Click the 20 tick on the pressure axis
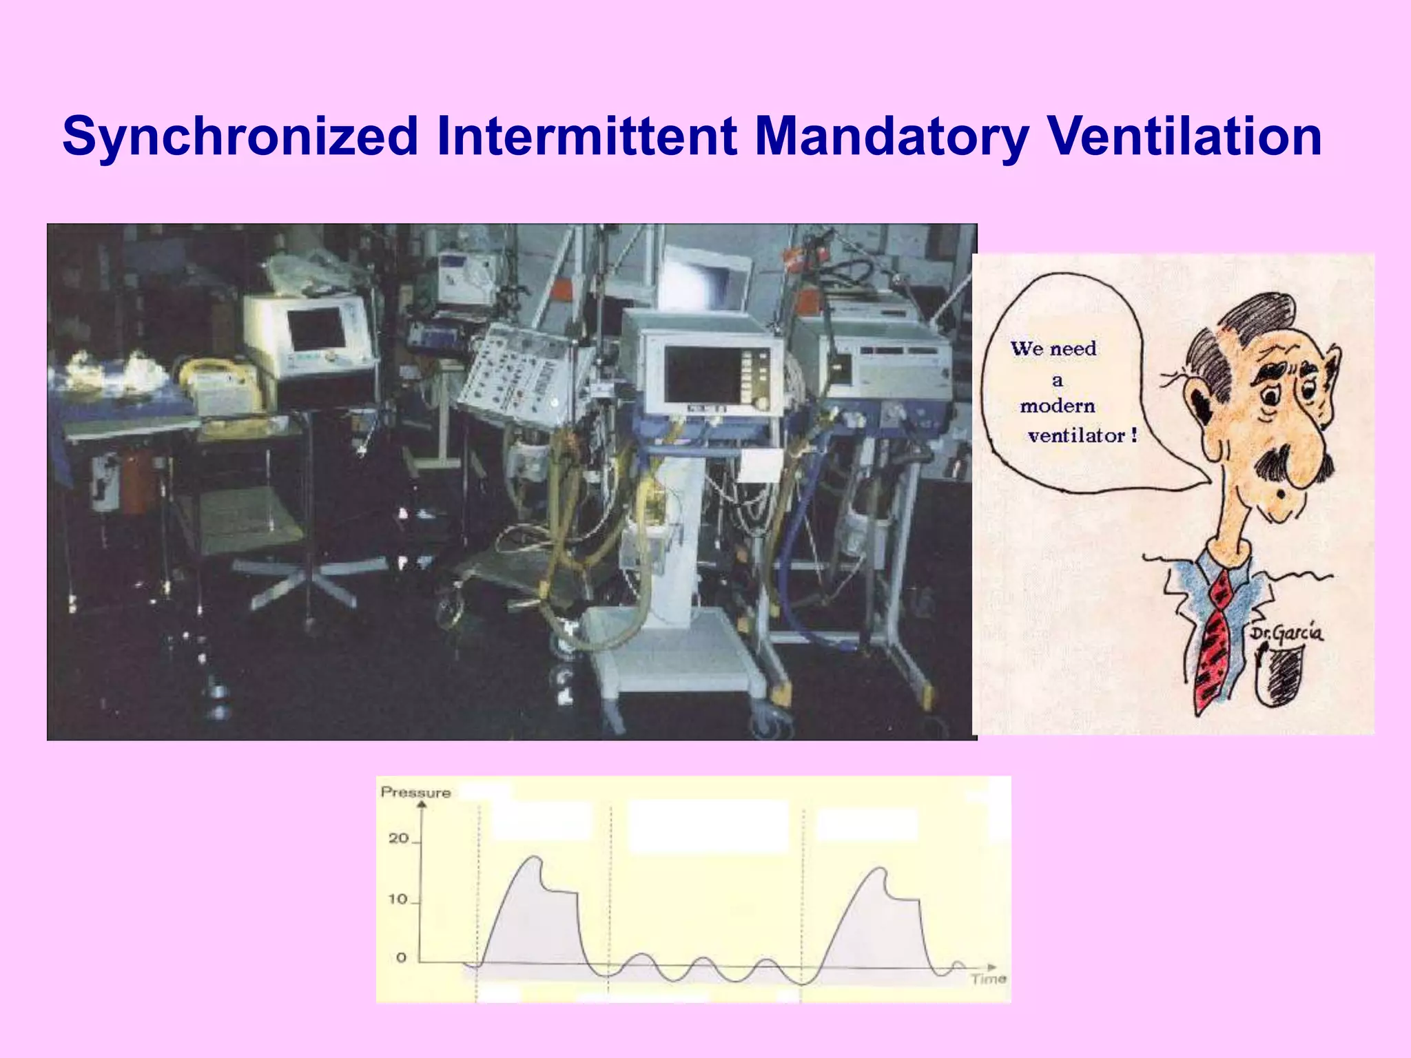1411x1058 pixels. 399,839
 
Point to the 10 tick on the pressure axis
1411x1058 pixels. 398,900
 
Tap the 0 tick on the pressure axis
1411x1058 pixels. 401,958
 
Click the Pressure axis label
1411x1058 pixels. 415,793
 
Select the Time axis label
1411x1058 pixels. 989,979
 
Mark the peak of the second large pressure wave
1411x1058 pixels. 878,869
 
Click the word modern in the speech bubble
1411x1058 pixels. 1057,406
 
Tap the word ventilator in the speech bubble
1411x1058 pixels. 1076,436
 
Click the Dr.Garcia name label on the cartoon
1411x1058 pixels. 1286,632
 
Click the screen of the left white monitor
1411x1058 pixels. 317,328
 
